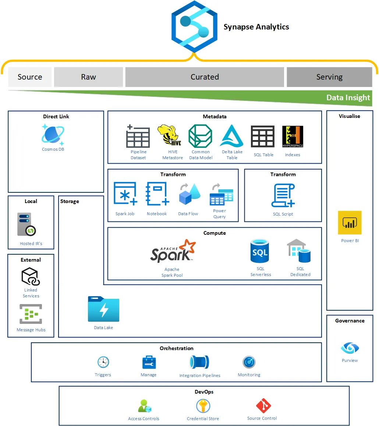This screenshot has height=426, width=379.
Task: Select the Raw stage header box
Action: click(88, 77)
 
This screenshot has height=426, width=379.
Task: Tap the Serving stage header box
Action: click(329, 77)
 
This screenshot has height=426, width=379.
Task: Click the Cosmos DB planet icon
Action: click(53, 135)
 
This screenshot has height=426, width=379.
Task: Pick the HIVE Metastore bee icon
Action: click(171, 136)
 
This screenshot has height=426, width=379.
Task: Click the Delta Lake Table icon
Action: click(232, 136)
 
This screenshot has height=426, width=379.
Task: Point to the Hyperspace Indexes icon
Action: click(293, 137)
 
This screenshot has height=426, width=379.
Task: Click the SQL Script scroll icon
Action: click(283, 196)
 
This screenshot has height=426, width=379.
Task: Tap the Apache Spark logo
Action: click(173, 252)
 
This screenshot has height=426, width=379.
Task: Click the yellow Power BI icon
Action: click(350, 223)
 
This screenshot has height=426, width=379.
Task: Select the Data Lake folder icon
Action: click(103, 309)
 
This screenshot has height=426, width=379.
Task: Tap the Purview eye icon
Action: click(350, 348)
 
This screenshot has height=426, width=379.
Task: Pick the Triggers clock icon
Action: click(103, 362)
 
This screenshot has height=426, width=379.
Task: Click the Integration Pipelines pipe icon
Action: click(199, 362)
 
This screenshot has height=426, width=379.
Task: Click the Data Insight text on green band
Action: click(348, 98)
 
